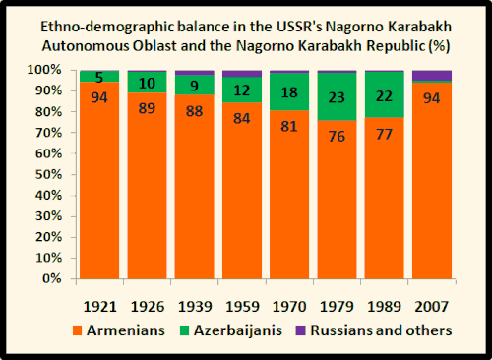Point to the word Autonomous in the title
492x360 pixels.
[143, 46]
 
